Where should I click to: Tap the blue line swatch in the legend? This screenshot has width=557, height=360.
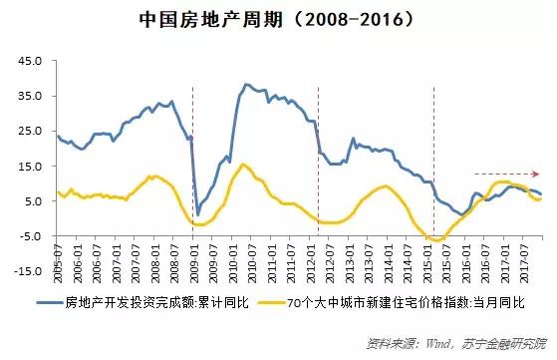pyautogui.click(x=52, y=301)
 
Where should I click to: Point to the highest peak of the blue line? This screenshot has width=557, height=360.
pyautogui.click(x=245, y=85)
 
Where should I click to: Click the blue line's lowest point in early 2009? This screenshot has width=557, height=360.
pyautogui.click(x=197, y=215)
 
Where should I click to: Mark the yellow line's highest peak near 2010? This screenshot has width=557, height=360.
pyautogui.click(x=243, y=165)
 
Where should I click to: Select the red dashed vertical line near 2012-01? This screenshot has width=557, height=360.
pyautogui.click(x=317, y=160)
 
